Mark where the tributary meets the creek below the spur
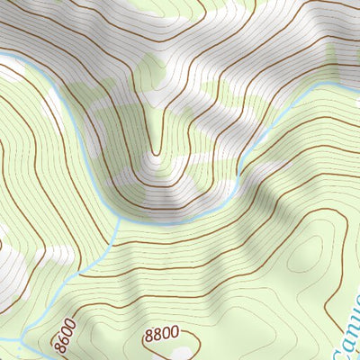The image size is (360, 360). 118,217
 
